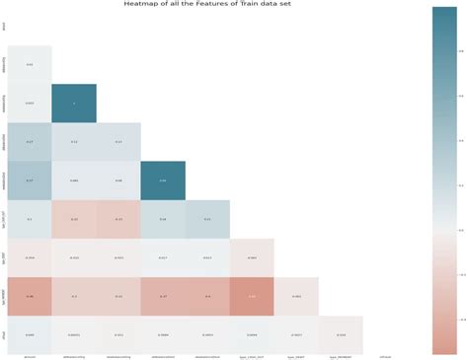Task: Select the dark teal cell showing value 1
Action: tap(74, 104)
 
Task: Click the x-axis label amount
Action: tap(30, 356)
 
